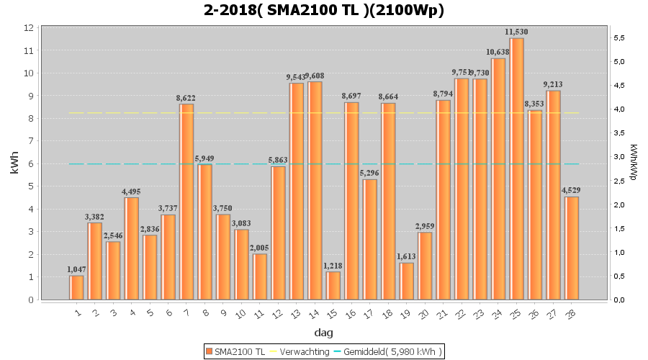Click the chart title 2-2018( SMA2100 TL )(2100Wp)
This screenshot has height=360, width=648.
pyautogui.click(x=324, y=10)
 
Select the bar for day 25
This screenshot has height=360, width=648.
pyautogui.click(x=516, y=168)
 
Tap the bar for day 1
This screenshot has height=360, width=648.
pyautogui.click(x=76, y=287)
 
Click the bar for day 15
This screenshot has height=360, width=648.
pyautogui.click(x=333, y=285)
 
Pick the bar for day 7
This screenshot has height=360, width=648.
pyautogui.click(x=186, y=202)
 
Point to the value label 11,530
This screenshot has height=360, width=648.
pyautogui.click(x=516, y=32)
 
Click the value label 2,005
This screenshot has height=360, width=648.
pyautogui.click(x=260, y=248)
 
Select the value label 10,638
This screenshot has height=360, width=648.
pyautogui.click(x=498, y=52)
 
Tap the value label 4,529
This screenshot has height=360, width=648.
pyautogui.click(x=572, y=190)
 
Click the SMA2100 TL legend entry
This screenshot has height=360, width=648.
pyautogui.click(x=235, y=351)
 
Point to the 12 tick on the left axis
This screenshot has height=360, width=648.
pyautogui.click(x=30, y=27)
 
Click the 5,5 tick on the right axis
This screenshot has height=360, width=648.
pyautogui.click(x=620, y=37)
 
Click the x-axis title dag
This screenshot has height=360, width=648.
pyautogui.click(x=324, y=333)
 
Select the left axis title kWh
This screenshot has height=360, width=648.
pyautogui.click(x=14, y=163)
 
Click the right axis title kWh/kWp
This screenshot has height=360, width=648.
pyautogui.click(x=633, y=163)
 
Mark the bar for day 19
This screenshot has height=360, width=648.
pyautogui.click(x=406, y=281)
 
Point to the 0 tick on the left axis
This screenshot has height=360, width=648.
pyautogui.click(x=30, y=300)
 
